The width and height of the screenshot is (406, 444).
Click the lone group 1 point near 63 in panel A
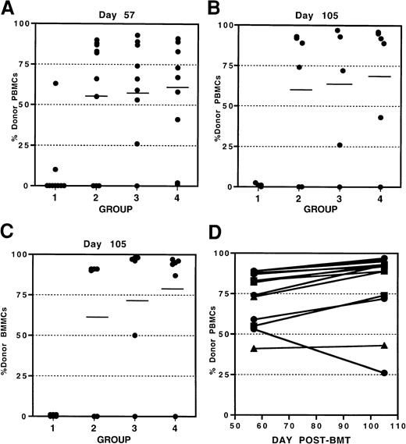[x=55, y=83]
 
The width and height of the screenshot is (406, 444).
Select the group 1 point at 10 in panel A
[x=55, y=169]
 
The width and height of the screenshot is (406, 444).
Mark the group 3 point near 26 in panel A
[x=137, y=144]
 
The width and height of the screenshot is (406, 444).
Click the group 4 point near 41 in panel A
[x=178, y=119]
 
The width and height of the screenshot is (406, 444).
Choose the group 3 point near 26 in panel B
[x=340, y=145]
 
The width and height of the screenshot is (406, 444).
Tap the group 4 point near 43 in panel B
[x=380, y=118]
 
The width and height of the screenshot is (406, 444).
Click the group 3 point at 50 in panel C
[x=137, y=336]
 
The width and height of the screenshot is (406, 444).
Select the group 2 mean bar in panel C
[x=96, y=317]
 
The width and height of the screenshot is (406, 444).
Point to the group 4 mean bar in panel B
[x=380, y=76]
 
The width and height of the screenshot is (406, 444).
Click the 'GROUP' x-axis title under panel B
[x=319, y=210]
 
